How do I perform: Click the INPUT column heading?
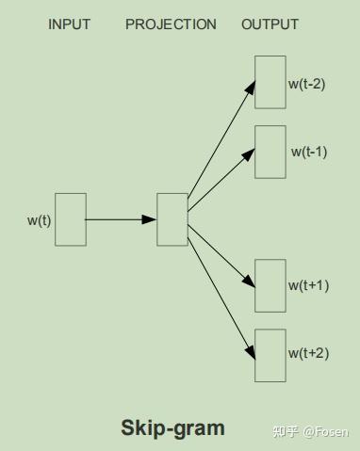pos(69,24)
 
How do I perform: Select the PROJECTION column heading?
pos(171,24)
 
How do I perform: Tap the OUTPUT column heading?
pos(270,24)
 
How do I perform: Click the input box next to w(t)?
pos(71,219)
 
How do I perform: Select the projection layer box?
pos(172,219)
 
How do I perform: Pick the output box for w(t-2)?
pos(270,82)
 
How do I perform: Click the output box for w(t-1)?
pos(270,152)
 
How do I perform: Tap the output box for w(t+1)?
pos(270,285)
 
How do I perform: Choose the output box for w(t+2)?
pos(270,355)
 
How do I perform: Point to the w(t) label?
pos(39,221)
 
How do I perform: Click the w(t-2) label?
pos(307,84)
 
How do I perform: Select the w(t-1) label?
pos(309,152)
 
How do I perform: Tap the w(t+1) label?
pos(309,285)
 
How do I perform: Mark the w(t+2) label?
pos(309,354)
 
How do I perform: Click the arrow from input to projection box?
pos(122,219)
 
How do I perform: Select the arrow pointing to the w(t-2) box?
pos(222,141)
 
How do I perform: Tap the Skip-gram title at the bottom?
pos(172,428)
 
